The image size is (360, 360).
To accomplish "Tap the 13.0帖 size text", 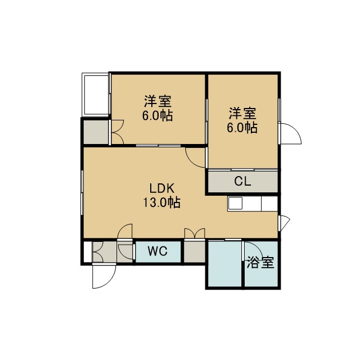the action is pos(162,202).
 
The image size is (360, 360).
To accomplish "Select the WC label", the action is pos(157,251).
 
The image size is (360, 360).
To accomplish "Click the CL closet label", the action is pos(242,181).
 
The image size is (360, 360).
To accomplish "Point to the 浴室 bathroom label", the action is pos(260,263).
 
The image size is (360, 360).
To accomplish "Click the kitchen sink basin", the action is pos(235,204).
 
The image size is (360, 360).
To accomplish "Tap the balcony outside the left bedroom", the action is pos(95,94).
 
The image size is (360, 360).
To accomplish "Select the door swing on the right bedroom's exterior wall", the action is pos(290,134).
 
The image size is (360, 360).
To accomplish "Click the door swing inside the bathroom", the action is pos(252,251).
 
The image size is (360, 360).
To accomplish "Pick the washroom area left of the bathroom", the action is pos(224,263).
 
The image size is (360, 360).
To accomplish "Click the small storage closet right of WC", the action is pos(194,251).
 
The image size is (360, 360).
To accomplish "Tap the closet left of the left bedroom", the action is pos(96,132).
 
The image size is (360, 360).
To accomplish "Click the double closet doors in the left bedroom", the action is pos(118,132).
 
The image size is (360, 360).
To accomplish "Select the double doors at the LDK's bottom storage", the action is pos(195,233).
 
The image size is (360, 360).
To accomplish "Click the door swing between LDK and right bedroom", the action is pos(195,158).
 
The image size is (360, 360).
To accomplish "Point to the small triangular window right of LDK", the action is pos(285,223).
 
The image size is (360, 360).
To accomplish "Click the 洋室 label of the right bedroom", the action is pos(242,114).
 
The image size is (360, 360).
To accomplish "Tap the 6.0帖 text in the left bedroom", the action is pos(157,116).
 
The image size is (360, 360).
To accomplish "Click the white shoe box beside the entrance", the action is pos(88,251).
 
